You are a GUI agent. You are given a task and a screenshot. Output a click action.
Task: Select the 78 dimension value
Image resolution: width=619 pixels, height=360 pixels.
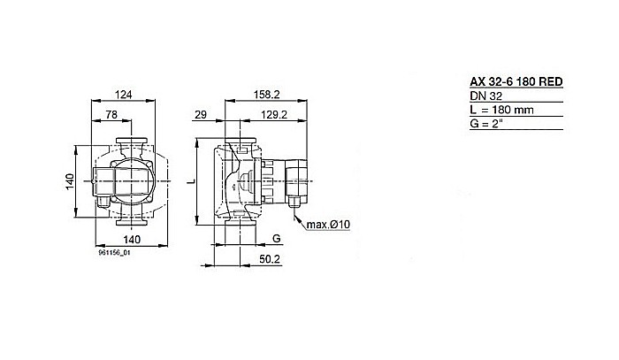click(113, 116)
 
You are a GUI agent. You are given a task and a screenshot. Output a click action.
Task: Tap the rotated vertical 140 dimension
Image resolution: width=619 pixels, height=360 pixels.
click(69, 182)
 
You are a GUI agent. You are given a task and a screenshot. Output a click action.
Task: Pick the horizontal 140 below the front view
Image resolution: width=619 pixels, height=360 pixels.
click(131, 240)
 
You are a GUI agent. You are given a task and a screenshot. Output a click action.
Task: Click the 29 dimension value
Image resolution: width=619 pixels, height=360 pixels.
click(201, 116)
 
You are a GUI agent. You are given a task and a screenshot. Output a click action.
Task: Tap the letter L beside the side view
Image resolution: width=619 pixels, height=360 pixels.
click(192, 180)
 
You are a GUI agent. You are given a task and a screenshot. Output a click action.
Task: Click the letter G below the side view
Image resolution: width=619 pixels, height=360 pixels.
click(276, 239)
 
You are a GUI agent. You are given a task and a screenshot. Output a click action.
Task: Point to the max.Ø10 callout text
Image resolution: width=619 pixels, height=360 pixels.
click(329, 226)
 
